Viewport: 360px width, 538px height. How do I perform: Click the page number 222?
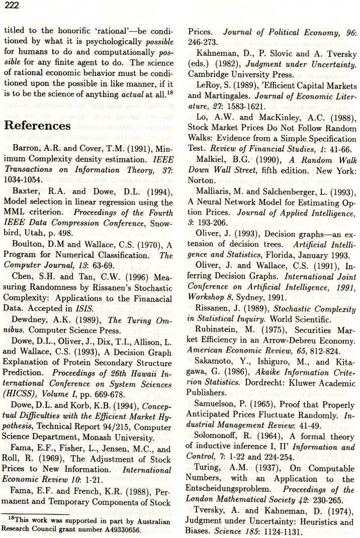click(11, 6)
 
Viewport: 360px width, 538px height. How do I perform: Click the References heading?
click(37, 125)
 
